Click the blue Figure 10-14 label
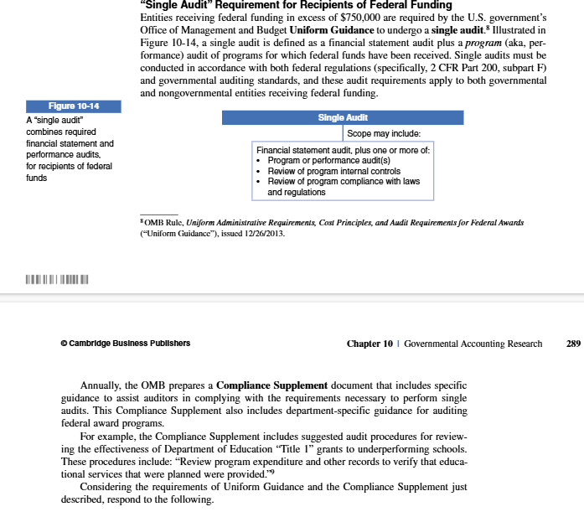pos(74,106)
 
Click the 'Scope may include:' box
pos(383,133)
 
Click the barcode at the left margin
pos(57,278)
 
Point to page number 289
pos(573,344)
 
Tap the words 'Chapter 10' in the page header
pos(369,344)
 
